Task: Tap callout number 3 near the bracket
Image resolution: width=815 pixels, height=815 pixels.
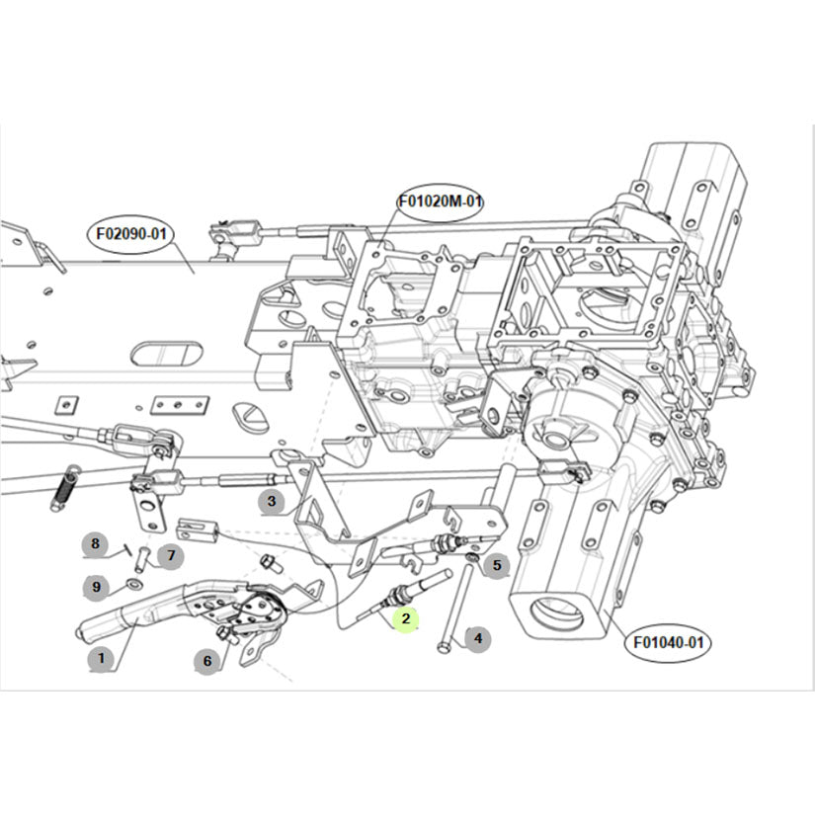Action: tap(272, 502)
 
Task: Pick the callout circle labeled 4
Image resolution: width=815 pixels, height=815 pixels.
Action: tap(478, 639)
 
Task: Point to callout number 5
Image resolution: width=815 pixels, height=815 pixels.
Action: tap(497, 566)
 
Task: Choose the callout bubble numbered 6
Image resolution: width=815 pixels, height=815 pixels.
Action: tap(207, 661)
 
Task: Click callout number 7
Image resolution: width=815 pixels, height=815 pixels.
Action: tap(170, 555)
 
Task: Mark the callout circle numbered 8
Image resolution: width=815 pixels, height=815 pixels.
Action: tap(96, 543)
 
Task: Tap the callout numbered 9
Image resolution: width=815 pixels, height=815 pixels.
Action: tap(96, 587)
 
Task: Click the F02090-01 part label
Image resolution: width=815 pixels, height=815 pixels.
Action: tap(130, 235)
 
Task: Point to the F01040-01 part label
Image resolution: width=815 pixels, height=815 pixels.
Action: tap(670, 642)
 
